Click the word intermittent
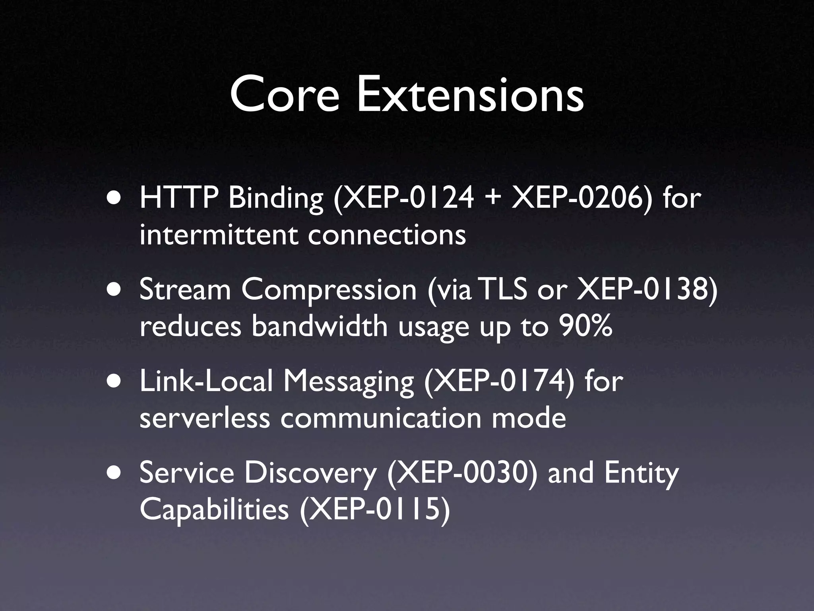point(219,235)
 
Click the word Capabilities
point(214,510)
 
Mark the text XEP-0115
point(375,510)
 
